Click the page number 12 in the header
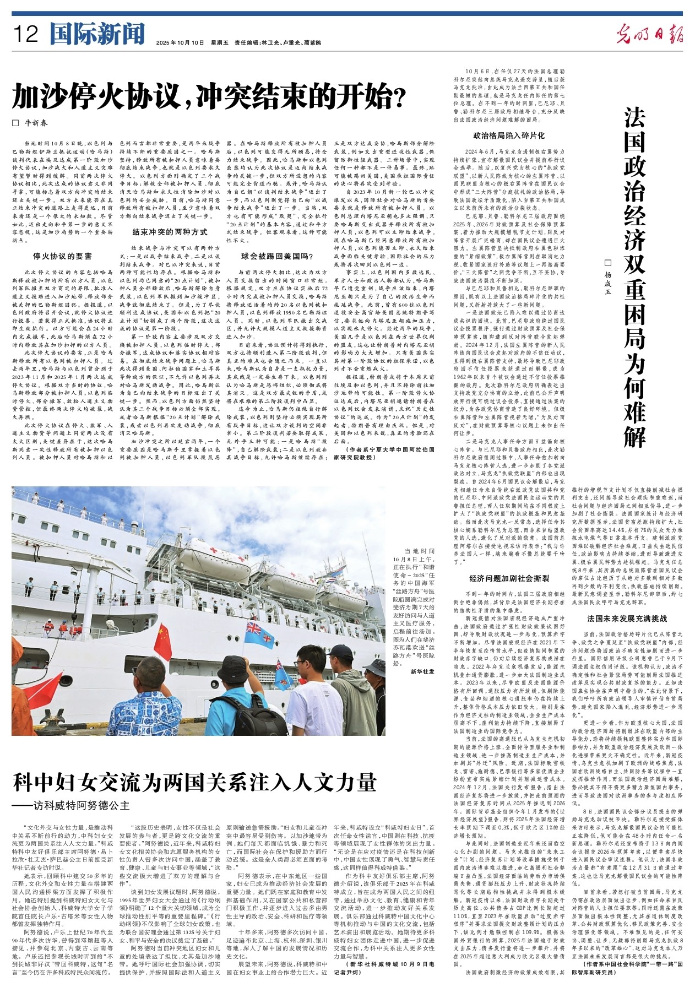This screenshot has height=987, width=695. (26, 35)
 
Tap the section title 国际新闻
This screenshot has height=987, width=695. (97, 34)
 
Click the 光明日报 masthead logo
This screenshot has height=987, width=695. (649, 35)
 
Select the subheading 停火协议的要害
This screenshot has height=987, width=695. (62, 256)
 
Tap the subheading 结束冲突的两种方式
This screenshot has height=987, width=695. (170, 232)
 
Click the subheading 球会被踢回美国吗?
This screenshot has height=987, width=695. (277, 256)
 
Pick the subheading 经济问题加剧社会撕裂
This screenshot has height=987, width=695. (509, 578)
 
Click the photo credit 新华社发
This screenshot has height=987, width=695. (422, 672)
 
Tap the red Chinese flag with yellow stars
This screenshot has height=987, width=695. (162, 641)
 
